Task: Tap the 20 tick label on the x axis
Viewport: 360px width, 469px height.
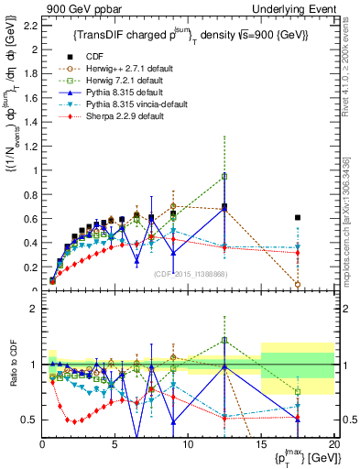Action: coord(333,447)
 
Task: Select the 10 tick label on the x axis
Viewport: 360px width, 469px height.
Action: coord(188,447)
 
